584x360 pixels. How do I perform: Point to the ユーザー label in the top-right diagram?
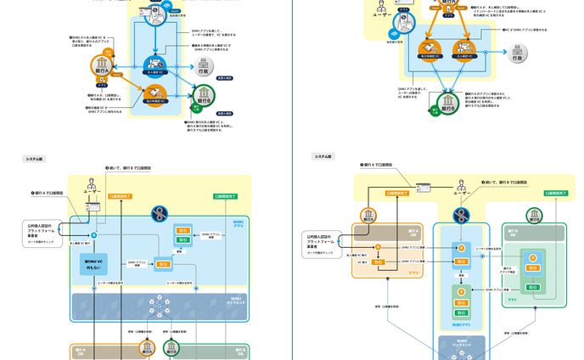381,14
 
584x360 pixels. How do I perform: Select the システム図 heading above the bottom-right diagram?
323,156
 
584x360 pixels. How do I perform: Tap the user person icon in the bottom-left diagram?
93,185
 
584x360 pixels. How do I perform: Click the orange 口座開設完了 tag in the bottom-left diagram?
121,195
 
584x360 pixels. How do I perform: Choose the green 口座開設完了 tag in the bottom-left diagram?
225,195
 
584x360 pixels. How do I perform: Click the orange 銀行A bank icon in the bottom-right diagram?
368,215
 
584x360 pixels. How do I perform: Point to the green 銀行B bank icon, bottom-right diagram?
532,215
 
